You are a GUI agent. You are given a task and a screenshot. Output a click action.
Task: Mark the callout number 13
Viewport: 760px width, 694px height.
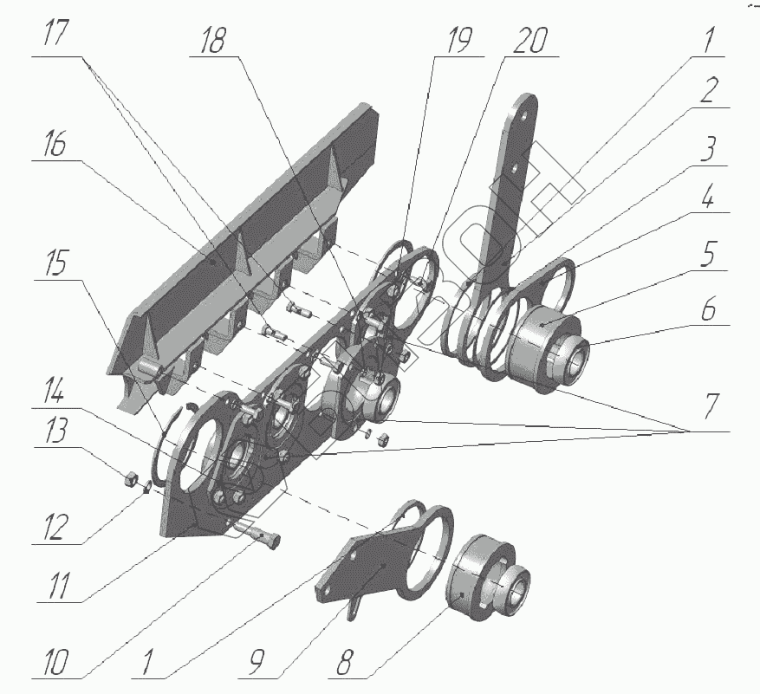point(56,435)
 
